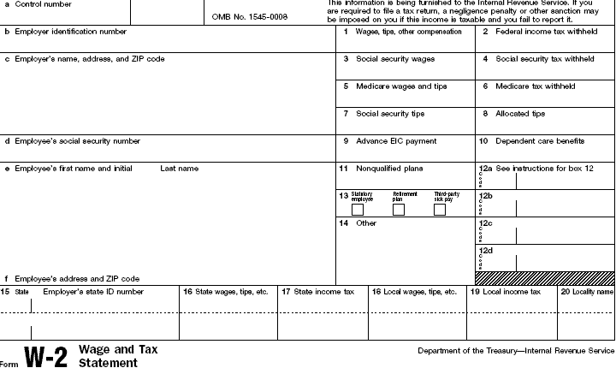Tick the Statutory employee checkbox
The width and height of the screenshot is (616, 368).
coord(358,210)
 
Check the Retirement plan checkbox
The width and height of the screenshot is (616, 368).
coord(399,210)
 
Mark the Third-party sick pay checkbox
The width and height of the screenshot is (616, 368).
coord(440,210)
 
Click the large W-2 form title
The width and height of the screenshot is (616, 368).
coord(44,356)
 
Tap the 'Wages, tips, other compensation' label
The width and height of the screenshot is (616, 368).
coord(408,32)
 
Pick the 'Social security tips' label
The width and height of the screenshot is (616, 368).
coord(389,114)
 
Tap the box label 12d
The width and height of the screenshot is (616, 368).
coord(486,249)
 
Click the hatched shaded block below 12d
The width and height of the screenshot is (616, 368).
coord(545,278)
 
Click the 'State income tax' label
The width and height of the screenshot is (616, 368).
coord(323,292)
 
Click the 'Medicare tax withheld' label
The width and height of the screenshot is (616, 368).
coord(535,86)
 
